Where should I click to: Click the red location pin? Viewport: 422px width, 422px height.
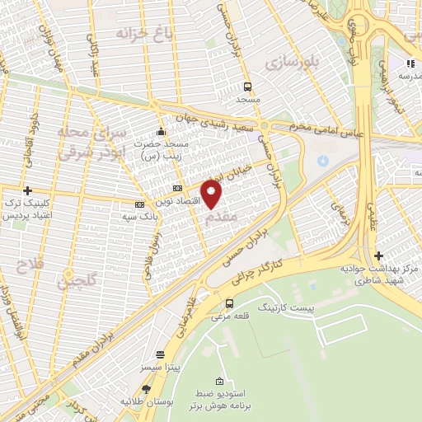tap(212, 195)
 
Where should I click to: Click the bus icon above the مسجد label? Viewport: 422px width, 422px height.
tap(247, 87)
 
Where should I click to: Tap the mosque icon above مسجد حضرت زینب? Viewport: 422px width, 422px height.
tap(160, 131)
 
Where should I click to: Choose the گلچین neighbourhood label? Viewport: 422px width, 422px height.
tap(76, 281)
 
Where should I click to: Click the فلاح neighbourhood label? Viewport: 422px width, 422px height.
tap(28, 265)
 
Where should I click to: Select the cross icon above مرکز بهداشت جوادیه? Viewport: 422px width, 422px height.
tap(378, 256)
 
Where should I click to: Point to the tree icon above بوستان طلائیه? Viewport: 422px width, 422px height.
tap(147, 388)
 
